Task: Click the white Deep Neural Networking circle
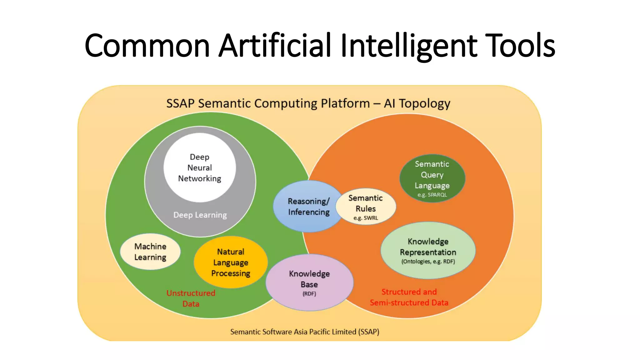pyautogui.click(x=200, y=167)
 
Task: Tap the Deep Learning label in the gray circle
pyautogui.click(x=200, y=215)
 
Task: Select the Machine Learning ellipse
pyautogui.click(x=150, y=252)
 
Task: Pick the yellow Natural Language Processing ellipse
pyautogui.click(x=231, y=262)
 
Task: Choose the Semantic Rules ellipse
pyautogui.click(x=366, y=206)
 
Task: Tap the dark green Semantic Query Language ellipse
pyautogui.click(x=432, y=178)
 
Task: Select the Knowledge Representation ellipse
pyautogui.click(x=428, y=250)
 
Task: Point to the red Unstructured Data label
pyautogui.click(x=191, y=298)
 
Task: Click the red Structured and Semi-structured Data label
pyautogui.click(x=409, y=297)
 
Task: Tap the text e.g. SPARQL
pyautogui.click(x=432, y=195)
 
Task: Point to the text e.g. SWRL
pyautogui.click(x=366, y=218)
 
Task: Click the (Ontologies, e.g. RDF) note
pyautogui.click(x=428, y=262)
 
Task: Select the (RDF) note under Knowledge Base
pyautogui.click(x=309, y=294)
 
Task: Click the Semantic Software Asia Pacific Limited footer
pyautogui.click(x=305, y=332)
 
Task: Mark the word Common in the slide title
pyautogui.click(x=147, y=46)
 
